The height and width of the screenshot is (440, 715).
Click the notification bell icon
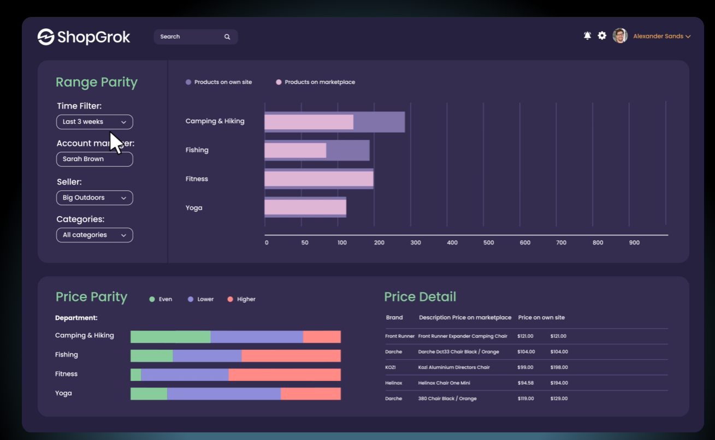tap(587, 35)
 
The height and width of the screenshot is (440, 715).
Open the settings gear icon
tap(602, 35)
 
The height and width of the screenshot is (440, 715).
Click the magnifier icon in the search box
tap(227, 37)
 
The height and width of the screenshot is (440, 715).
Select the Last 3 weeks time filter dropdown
tap(94, 122)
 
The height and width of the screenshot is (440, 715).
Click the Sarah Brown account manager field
tap(94, 159)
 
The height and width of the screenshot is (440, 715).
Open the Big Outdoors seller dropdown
tap(94, 198)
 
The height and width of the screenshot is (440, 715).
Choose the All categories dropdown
tap(94, 235)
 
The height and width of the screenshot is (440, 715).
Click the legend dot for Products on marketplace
tap(279, 82)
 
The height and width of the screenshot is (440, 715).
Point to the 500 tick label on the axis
tap(488, 242)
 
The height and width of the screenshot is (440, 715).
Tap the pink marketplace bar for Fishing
tap(295, 150)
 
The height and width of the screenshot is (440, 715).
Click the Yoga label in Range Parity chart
tap(194, 207)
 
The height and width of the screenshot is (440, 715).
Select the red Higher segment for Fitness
tap(284, 374)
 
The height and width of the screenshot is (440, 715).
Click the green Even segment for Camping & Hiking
tap(170, 337)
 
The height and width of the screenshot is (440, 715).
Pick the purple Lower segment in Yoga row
tap(223, 394)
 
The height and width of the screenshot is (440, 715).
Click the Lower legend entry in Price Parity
tap(200, 299)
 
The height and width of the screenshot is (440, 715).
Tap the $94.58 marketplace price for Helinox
tap(525, 383)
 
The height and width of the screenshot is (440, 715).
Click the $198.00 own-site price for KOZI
tap(559, 367)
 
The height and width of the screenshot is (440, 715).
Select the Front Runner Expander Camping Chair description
tap(463, 336)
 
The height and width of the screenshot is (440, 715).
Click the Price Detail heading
tap(419, 296)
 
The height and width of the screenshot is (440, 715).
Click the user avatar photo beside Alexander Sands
tap(620, 35)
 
